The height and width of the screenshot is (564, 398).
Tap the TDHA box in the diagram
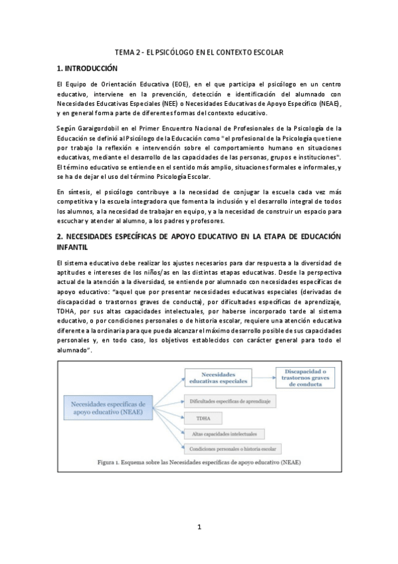click(x=199, y=419)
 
